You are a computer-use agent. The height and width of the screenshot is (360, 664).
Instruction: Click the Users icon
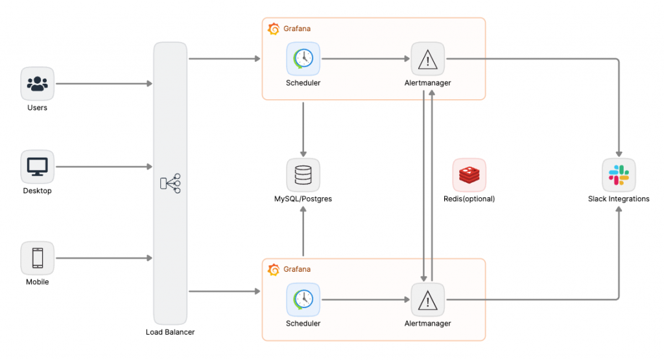pyautogui.click(x=38, y=84)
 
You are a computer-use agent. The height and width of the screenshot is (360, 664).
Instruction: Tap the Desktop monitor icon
pyautogui.click(x=38, y=167)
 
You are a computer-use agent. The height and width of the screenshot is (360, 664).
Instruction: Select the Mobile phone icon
pyautogui.click(x=38, y=258)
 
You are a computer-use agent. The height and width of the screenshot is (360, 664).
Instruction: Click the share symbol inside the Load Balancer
pyautogui.click(x=171, y=184)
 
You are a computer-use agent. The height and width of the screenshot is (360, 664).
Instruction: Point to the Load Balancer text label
pyautogui.click(x=171, y=332)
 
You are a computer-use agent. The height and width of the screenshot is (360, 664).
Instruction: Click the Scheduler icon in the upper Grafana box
pyautogui.click(x=303, y=59)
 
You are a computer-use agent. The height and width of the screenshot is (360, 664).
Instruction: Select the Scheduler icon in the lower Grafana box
pyautogui.click(x=303, y=299)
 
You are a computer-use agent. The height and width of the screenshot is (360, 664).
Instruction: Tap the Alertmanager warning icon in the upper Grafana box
pyautogui.click(x=428, y=60)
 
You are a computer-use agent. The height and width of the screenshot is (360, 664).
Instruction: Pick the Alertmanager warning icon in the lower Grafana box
pyautogui.click(x=428, y=300)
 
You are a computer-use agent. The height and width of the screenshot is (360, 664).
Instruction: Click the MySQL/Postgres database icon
pyautogui.click(x=303, y=175)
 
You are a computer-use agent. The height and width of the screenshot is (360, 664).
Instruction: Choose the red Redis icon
pyautogui.click(x=469, y=175)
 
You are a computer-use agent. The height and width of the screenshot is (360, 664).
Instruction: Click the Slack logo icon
pyautogui.click(x=619, y=175)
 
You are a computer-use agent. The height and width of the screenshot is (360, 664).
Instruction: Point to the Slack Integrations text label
pyautogui.click(x=619, y=199)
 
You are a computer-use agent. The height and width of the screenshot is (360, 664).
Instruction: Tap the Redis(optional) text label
pyautogui.click(x=469, y=199)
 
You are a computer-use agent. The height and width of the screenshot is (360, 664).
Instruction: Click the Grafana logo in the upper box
pyautogui.click(x=274, y=29)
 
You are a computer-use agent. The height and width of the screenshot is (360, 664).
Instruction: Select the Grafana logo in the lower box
pyautogui.click(x=274, y=269)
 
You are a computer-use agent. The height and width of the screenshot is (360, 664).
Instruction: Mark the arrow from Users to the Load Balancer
pyautogui.click(x=104, y=84)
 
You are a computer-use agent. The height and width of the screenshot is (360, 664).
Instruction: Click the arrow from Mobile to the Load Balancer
pyautogui.click(x=104, y=258)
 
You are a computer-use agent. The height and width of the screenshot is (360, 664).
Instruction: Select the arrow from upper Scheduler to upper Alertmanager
pyautogui.click(x=366, y=59)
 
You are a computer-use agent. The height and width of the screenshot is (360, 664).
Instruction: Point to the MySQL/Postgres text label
pyautogui.click(x=303, y=199)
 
